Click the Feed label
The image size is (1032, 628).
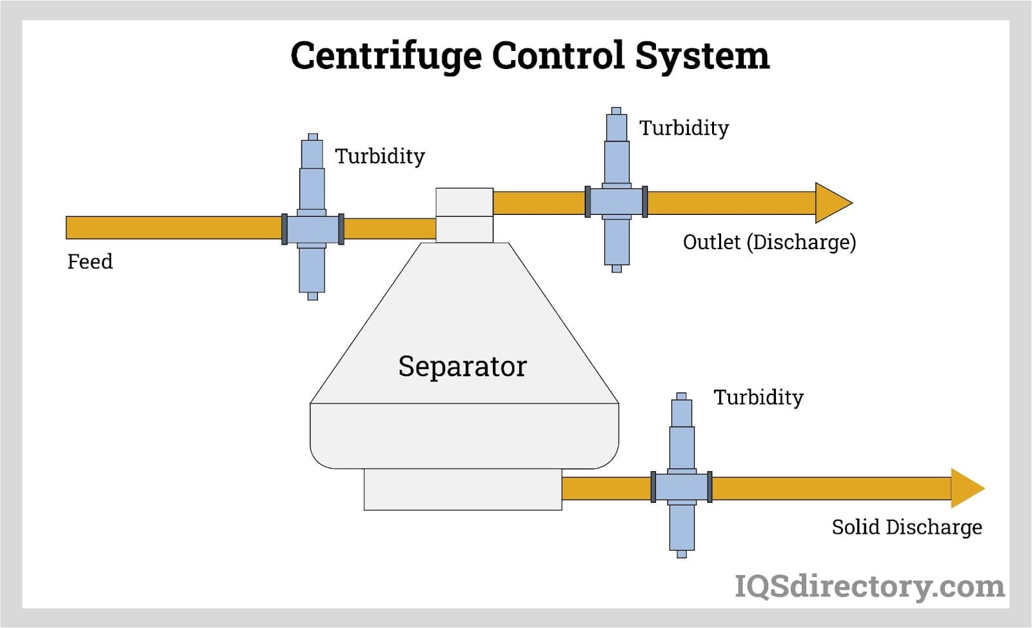90,261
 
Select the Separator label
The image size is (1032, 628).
462,366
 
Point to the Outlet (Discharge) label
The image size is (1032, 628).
769,242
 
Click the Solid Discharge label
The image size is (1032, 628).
906,527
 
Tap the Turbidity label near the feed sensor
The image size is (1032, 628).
380,156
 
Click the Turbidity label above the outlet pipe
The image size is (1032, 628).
684,128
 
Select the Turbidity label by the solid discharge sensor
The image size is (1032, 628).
758,397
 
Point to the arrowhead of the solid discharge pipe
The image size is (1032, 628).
966,488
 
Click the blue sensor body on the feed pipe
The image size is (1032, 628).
312,228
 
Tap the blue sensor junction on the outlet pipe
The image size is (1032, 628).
616,202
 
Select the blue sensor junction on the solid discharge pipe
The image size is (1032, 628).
682,487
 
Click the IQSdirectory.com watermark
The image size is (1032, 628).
869,586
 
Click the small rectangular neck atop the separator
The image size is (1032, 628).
464,215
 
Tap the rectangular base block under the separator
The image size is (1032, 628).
462,489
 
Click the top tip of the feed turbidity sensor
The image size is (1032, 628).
313,137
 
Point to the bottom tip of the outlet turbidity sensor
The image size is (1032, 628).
617,268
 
